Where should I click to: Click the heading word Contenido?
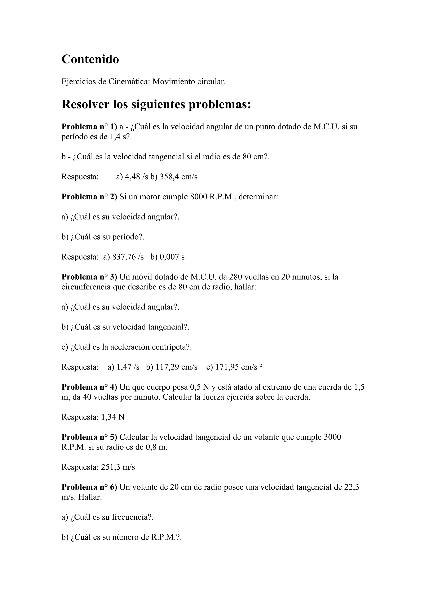(90, 59)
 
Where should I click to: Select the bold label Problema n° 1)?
(89, 127)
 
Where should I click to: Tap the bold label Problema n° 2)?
(89, 197)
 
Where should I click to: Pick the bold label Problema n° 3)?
(89, 277)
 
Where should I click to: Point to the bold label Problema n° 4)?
(89, 387)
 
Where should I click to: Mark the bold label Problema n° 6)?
(89, 487)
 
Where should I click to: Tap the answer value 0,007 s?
(172, 257)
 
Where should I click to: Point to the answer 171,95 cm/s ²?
(239, 367)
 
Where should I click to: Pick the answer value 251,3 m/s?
(118, 467)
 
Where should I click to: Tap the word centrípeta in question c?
(167, 347)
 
